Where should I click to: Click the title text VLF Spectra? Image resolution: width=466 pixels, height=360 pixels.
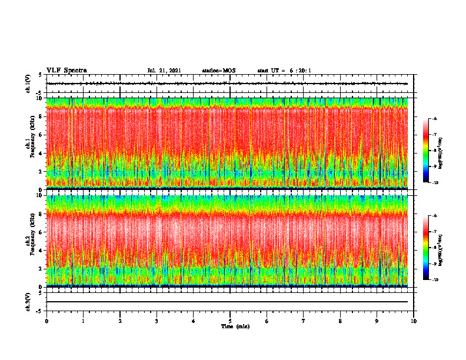pyautogui.click(x=66, y=71)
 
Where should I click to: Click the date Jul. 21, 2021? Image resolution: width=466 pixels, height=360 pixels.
pyautogui.click(x=164, y=71)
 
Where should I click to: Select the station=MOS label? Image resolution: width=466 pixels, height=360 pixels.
pyautogui.click(x=218, y=71)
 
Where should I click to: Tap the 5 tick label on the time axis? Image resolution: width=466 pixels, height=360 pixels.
pyautogui.click(x=230, y=321)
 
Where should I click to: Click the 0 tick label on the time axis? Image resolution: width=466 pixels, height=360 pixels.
pyautogui.click(x=46, y=321)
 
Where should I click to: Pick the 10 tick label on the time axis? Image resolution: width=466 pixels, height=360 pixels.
pyautogui.click(x=414, y=321)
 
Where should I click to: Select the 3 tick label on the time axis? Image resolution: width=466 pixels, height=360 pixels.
pyautogui.click(x=157, y=321)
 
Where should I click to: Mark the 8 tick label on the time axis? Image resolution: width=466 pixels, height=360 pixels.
pyautogui.click(x=340, y=321)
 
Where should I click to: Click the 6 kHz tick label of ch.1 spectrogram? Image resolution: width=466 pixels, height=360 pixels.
pyautogui.click(x=40, y=135)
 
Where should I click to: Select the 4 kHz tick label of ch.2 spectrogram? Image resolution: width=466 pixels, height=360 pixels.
pyautogui.click(x=40, y=251)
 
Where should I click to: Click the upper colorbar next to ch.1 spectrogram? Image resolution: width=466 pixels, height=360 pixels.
pyautogui.click(x=426, y=151)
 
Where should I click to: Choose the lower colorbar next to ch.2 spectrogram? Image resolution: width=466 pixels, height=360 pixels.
pyautogui.click(x=426, y=248)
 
